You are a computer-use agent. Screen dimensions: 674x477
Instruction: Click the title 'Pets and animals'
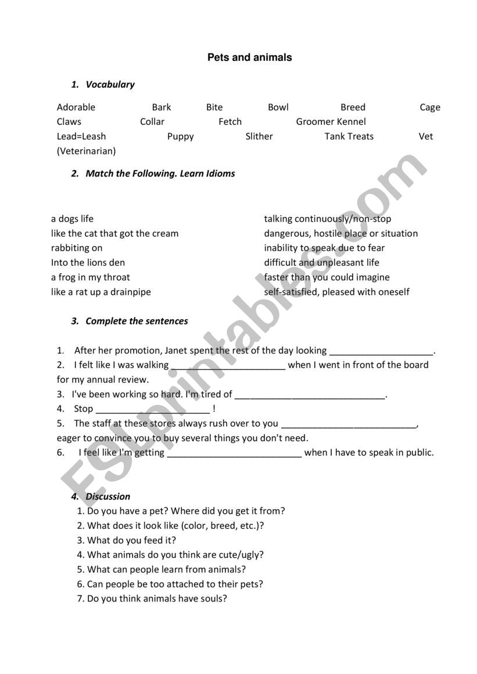(x=249, y=57)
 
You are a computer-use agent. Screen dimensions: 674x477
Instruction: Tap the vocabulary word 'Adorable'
(x=76, y=107)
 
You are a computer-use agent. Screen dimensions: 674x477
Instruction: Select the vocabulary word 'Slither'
(x=259, y=136)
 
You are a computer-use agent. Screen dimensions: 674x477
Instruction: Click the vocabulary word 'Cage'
(x=430, y=107)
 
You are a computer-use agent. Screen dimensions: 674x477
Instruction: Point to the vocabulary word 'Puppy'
(x=181, y=136)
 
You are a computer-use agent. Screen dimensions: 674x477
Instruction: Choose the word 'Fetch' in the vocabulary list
(x=230, y=122)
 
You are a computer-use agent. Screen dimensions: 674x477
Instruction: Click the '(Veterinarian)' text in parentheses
(x=87, y=151)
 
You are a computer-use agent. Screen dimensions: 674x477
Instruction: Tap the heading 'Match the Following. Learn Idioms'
(x=160, y=174)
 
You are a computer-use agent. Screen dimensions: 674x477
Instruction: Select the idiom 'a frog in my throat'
(x=91, y=277)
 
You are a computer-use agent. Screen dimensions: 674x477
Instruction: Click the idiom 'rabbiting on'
(x=77, y=248)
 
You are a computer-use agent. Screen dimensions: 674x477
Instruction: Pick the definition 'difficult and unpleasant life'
(x=321, y=262)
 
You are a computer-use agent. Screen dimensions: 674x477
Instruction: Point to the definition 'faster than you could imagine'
(x=327, y=277)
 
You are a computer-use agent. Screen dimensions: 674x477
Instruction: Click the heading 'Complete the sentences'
(x=137, y=321)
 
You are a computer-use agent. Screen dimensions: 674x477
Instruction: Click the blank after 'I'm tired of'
(x=310, y=395)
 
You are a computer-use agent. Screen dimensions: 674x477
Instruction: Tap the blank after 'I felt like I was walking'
(x=228, y=366)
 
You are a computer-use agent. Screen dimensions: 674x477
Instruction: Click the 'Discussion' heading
(x=108, y=496)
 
